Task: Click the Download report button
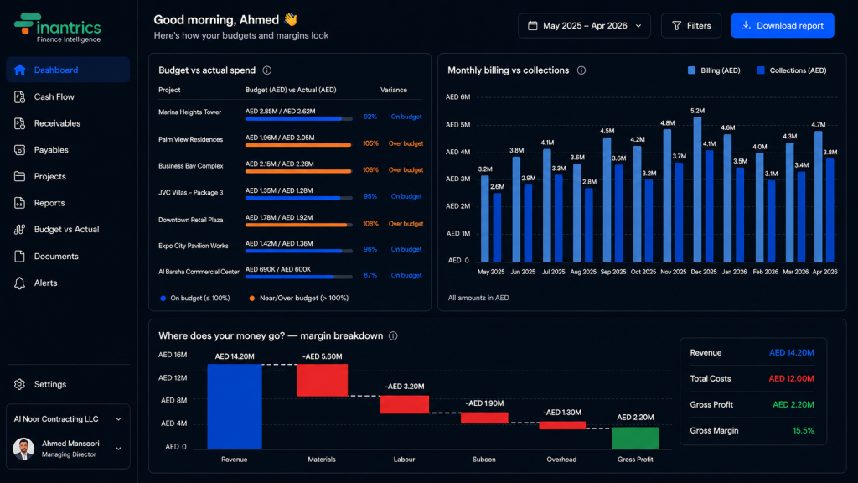[782, 26]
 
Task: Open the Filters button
[691, 26]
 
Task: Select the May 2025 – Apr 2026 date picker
[584, 26]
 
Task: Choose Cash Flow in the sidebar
[54, 97]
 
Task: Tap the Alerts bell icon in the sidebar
[20, 283]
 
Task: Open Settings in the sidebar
[49, 384]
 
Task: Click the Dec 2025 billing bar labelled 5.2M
[697, 190]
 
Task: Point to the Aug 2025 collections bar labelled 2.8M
[589, 225]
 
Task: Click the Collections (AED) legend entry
[791, 70]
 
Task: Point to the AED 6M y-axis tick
[457, 97]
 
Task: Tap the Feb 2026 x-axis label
[765, 272]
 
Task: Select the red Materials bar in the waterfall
[323, 380]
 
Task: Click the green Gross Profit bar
[635, 438]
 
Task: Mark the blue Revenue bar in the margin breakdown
[235, 407]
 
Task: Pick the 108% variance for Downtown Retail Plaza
[370, 224]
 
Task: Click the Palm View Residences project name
[190, 140]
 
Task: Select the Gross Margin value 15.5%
[804, 431]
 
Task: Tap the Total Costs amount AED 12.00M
[791, 378]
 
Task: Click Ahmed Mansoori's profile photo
[23, 449]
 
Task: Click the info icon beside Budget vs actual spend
[267, 70]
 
